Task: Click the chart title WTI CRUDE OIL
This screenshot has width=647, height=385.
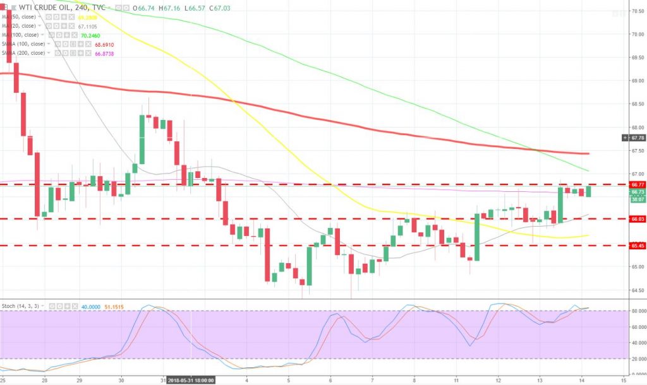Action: tap(42, 6)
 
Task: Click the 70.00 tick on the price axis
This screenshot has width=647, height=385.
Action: tap(636, 34)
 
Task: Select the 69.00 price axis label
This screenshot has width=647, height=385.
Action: tap(636, 81)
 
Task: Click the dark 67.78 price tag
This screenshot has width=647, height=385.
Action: tap(636, 138)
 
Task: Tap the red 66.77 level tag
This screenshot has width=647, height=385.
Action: tap(636, 184)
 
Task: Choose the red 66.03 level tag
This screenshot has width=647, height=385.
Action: tap(636, 219)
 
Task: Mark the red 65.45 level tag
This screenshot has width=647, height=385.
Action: tap(636, 246)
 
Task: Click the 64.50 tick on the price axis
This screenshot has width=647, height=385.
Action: tap(636, 290)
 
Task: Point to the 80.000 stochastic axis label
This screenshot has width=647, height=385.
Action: tap(636, 311)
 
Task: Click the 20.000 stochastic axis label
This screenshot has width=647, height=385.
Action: tap(636, 359)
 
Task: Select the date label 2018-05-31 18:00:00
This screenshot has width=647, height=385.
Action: tap(191, 381)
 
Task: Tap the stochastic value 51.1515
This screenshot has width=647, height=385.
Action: tap(118, 305)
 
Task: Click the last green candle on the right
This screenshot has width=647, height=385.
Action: tap(589, 191)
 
